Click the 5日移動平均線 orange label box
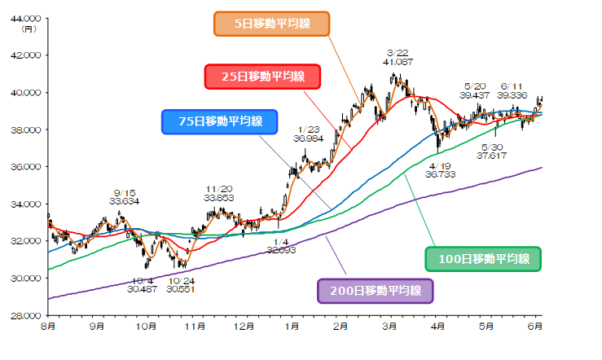tap(271, 24)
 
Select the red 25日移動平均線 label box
tap(262, 77)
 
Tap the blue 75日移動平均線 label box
tap(219, 122)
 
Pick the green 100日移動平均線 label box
tap(484, 259)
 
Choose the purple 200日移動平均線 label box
tap(374, 290)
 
